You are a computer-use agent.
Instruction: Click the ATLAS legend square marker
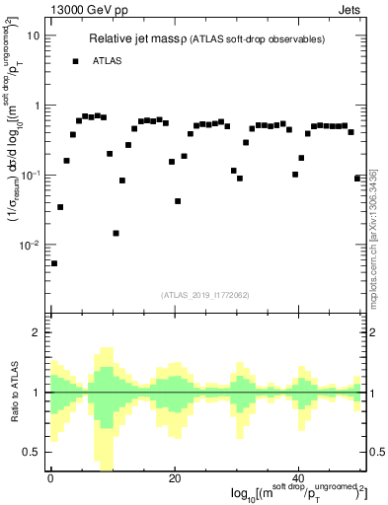[x=75, y=61]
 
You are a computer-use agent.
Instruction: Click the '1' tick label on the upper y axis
[x=37, y=106]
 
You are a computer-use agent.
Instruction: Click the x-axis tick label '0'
[x=49, y=478]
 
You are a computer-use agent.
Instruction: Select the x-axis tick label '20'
[x=174, y=478]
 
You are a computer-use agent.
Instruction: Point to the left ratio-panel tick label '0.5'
[x=32, y=452]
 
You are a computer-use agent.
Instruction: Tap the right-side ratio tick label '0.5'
[x=377, y=452]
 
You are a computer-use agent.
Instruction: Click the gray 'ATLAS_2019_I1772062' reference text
[x=205, y=294]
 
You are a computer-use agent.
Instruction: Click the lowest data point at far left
[x=54, y=263]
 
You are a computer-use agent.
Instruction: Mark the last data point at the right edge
[x=357, y=178]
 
